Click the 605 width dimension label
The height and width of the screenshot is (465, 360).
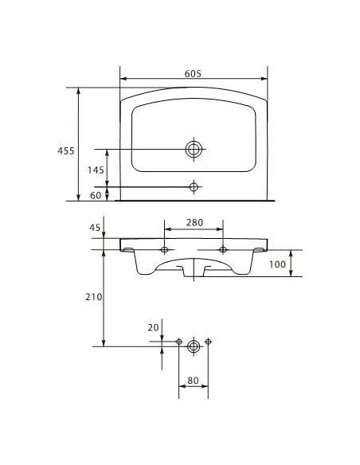pyautogui.click(x=192, y=72)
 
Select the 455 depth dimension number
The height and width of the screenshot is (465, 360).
pyautogui.click(x=66, y=150)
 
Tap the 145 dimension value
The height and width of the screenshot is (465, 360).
pyautogui.click(x=95, y=170)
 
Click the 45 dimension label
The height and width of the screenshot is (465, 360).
pyautogui.click(x=95, y=228)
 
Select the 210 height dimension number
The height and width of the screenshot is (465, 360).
pyautogui.click(x=93, y=297)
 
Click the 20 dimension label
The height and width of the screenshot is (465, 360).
pyautogui.click(x=153, y=327)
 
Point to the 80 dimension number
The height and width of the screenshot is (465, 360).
pyautogui.click(x=193, y=381)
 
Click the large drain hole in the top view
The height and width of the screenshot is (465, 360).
pyautogui.click(x=194, y=149)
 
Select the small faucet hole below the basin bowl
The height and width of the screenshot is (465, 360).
pyautogui.click(x=193, y=186)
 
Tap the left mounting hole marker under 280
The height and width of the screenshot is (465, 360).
pyautogui.click(x=164, y=250)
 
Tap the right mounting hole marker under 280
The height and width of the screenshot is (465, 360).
pyautogui.click(x=223, y=250)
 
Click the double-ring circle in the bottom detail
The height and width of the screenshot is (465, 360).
pyautogui.click(x=194, y=346)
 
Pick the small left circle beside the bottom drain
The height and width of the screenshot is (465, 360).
pyautogui.click(x=179, y=342)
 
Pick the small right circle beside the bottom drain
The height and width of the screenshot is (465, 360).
pyautogui.click(x=208, y=342)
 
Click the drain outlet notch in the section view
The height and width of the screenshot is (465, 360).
pyautogui.click(x=194, y=271)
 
